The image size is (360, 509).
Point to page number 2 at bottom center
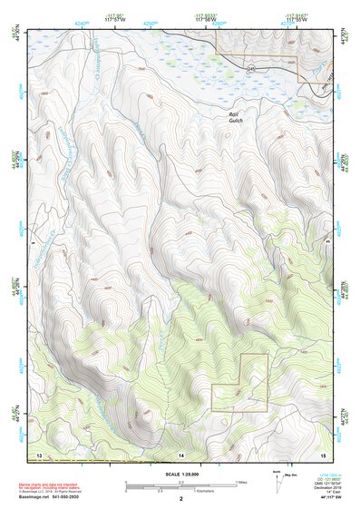click(x=181, y=498)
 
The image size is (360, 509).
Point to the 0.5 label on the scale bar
click(x=158, y=493)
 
